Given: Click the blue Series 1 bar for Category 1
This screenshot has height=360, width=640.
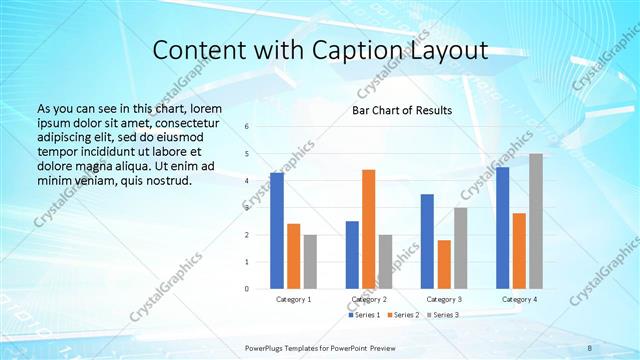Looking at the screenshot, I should [x=277, y=231].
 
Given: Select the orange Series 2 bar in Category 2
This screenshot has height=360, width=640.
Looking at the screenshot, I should [x=369, y=229].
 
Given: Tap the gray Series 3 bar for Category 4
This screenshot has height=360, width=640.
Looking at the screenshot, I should [x=536, y=221].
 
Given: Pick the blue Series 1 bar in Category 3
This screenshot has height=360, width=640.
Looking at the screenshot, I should [x=428, y=241].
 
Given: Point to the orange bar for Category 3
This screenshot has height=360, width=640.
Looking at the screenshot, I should [x=444, y=264].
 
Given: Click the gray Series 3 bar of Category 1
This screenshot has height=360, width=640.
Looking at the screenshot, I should [x=310, y=261].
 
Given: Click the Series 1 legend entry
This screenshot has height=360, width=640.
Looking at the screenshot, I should [x=364, y=315].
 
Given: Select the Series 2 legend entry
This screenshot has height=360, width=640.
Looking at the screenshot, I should [x=402, y=315].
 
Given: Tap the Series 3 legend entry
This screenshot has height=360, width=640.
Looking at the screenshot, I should [x=442, y=315].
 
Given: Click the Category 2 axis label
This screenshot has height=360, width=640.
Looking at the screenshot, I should [x=369, y=299].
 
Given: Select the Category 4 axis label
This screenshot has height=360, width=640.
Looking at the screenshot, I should [x=519, y=299].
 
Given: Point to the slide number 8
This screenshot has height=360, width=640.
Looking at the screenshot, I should [x=589, y=346].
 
